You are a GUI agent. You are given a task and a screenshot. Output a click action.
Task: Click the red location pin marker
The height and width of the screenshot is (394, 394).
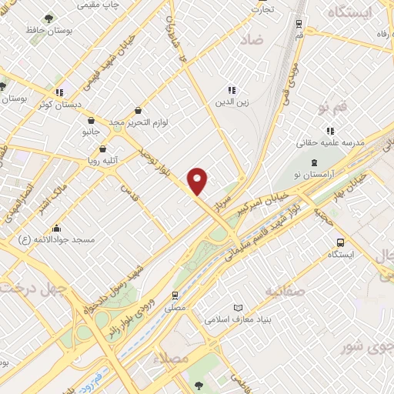tap(199, 182)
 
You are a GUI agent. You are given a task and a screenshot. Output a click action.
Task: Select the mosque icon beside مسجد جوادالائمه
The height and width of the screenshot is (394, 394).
tap(56, 228)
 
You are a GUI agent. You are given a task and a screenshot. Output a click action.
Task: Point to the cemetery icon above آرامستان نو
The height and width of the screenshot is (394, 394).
tap(314, 162)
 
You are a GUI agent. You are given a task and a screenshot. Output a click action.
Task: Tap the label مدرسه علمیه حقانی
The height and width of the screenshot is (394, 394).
tap(330, 142)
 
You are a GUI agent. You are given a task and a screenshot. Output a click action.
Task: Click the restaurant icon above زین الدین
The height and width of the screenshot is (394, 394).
tap(232, 90)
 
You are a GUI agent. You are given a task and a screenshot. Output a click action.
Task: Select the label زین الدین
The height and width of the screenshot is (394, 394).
tap(232, 102)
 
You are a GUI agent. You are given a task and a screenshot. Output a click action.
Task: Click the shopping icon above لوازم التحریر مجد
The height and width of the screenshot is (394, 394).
tap(138, 110)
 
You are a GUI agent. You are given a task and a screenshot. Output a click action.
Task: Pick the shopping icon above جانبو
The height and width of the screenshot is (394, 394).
tap(92, 120)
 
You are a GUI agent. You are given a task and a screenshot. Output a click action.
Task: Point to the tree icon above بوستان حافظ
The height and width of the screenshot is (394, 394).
tap(48, 17)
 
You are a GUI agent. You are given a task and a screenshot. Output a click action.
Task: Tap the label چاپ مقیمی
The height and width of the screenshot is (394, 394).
tap(99, 5)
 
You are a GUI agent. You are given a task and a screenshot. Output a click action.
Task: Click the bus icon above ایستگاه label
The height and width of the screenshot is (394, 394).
tap(341, 242)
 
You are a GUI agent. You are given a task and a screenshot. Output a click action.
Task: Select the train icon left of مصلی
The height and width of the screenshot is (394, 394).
tap(175, 295)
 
